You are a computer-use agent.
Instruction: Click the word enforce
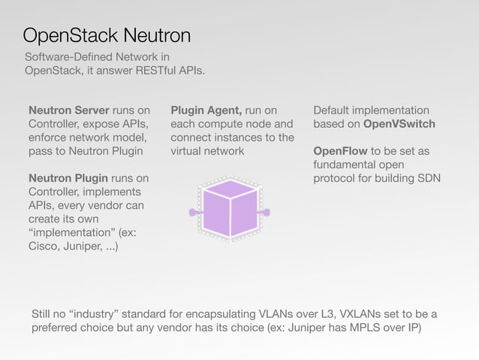pyautogui.click(x=50, y=138)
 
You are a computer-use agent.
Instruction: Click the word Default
pyautogui.click(x=335, y=110)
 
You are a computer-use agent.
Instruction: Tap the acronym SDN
pyautogui.click(x=428, y=178)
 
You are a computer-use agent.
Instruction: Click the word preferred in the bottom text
pyautogui.click(x=54, y=328)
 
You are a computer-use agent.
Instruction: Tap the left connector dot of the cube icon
pyautogui.click(x=192, y=213)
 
